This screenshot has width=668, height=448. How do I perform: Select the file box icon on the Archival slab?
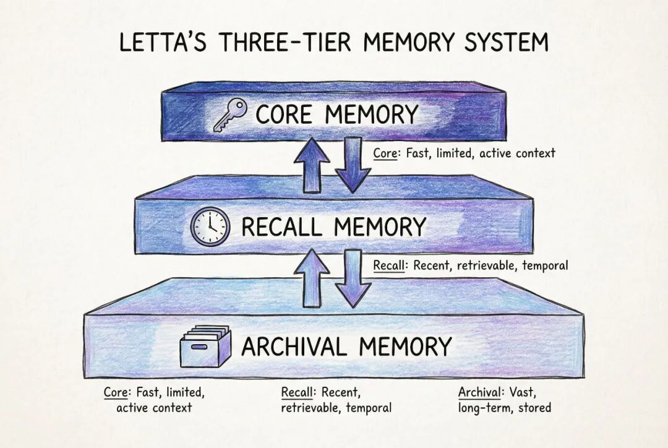point(205,347)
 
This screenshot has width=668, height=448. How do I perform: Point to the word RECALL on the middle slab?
point(280,226)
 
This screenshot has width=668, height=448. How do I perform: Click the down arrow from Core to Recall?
point(352,165)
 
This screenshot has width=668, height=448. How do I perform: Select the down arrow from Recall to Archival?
point(353,278)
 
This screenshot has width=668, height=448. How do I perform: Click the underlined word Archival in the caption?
point(479,392)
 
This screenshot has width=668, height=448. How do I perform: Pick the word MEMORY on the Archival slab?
point(409,347)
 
